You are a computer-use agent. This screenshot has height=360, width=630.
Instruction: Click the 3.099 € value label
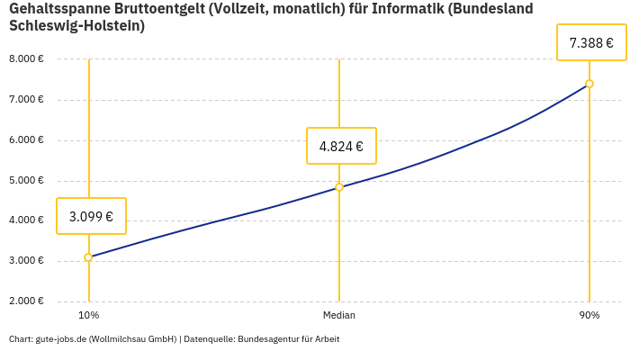[x=91, y=216]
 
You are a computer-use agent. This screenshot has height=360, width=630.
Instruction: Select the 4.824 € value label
[x=341, y=146]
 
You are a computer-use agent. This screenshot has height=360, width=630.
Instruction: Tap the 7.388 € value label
[x=591, y=42]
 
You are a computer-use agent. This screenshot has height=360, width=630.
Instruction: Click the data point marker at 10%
[x=88, y=257]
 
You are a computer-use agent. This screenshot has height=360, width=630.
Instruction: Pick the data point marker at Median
[x=339, y=187]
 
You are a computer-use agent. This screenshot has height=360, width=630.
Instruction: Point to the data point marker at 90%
[x=589, y=84]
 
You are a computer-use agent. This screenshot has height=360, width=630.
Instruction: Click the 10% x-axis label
[x=88, y=315]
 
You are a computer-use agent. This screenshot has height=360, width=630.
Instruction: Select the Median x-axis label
[x=339, y=315]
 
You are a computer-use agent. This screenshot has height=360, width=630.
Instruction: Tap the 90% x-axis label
[x=589, y=315]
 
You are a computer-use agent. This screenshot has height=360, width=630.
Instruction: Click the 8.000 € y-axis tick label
[x=26, y=58]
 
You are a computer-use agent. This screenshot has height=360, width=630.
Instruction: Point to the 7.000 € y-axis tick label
[x=26, y=99]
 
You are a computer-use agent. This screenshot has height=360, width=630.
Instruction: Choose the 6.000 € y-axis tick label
[x=26, y=139]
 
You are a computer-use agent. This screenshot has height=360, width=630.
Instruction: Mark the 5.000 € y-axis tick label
[x=26, y=180]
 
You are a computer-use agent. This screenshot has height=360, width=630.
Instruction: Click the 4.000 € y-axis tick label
[x=26, y=220]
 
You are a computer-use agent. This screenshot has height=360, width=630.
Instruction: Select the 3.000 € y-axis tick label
[x=26, y=260]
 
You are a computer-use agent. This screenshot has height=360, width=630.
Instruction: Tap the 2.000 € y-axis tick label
[x=26, y=301]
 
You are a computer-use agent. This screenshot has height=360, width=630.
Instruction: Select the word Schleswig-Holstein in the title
[x=76, y=26]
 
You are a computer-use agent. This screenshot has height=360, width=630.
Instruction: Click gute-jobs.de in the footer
[x=60, y=339]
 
